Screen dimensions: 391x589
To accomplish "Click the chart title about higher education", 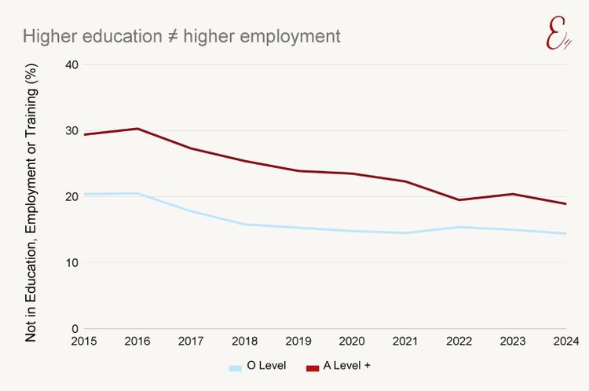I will pos(181,36).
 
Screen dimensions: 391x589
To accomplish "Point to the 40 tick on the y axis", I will pos(71,64).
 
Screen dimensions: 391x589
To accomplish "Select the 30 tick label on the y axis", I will pos(71,130).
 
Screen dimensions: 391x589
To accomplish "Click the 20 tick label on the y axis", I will pos(71,196).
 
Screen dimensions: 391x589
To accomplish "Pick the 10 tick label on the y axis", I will pos(71,262).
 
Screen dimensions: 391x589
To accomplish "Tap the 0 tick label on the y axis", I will pos(74,328).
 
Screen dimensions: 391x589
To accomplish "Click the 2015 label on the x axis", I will pos(83,342).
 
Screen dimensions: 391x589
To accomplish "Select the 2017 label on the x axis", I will pos(191,342).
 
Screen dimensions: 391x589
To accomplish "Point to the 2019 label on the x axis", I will pos(298,342).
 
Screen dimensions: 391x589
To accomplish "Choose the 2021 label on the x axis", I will pos(406,342).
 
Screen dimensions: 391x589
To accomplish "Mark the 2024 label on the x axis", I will pos(565,342).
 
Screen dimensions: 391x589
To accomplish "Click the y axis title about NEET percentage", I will pos(31,203).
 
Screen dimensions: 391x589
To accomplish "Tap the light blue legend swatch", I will pos(235,367).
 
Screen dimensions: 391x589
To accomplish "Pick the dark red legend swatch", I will pos(313,367).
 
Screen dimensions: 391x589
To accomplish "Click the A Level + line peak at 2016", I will pos(137,129).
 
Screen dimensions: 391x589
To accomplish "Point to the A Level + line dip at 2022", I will pos(459,199).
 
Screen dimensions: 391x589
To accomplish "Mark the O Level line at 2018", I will pos(245,225).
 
